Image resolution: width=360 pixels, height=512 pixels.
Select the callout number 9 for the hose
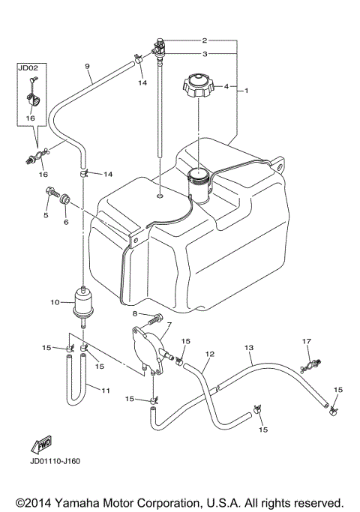point(88,67)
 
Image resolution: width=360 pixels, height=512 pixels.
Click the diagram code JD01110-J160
point(56,461)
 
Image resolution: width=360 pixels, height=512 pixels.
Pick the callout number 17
point(306,341)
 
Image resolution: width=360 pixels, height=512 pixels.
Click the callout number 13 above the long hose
point(249,348)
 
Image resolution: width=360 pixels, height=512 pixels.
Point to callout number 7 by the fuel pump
point(169,325)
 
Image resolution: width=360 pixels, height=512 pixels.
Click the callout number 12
point(211,353)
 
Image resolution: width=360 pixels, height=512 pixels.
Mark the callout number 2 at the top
point(203,39)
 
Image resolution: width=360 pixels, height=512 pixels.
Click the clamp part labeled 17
point(309,366)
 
